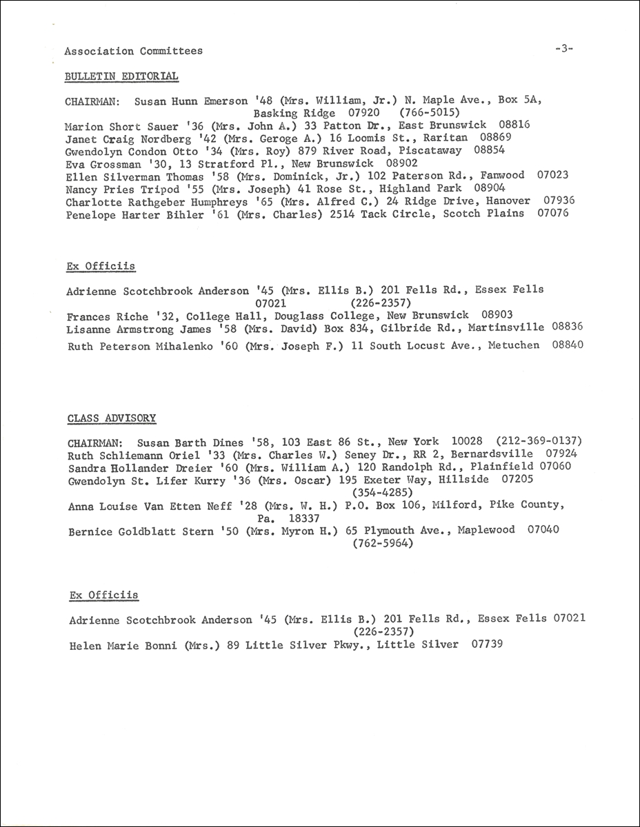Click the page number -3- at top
point(563,49)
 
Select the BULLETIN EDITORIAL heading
point(121,76)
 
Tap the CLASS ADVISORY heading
point(112,418)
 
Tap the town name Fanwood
point(502,176)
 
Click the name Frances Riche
point(107,316)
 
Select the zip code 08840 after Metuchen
point(568,345)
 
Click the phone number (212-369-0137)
point(536,442)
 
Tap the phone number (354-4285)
point(383,492)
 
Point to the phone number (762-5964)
point(382,543)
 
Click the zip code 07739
point(488,644)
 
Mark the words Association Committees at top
point(134,51)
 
